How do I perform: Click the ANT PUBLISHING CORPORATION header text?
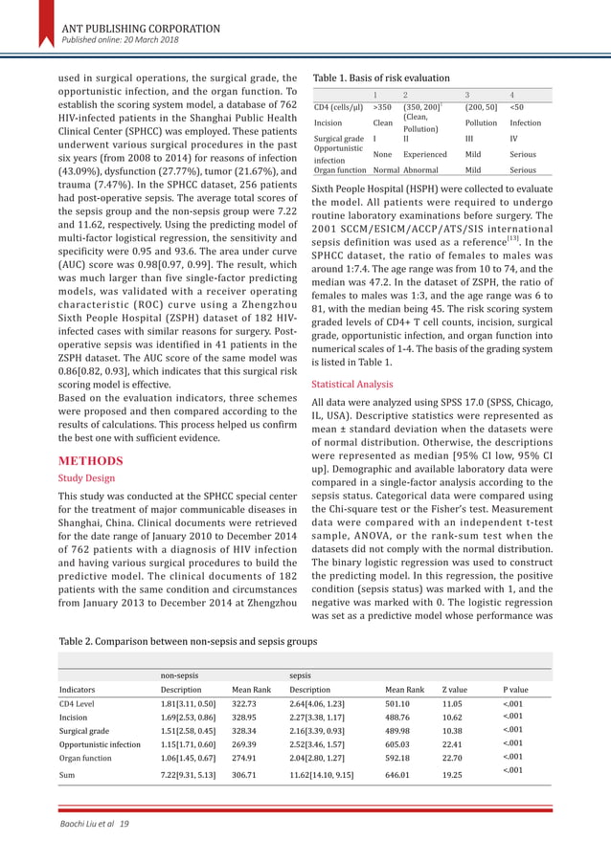(140, 27)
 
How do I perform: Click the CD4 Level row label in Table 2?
(79, 704)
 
